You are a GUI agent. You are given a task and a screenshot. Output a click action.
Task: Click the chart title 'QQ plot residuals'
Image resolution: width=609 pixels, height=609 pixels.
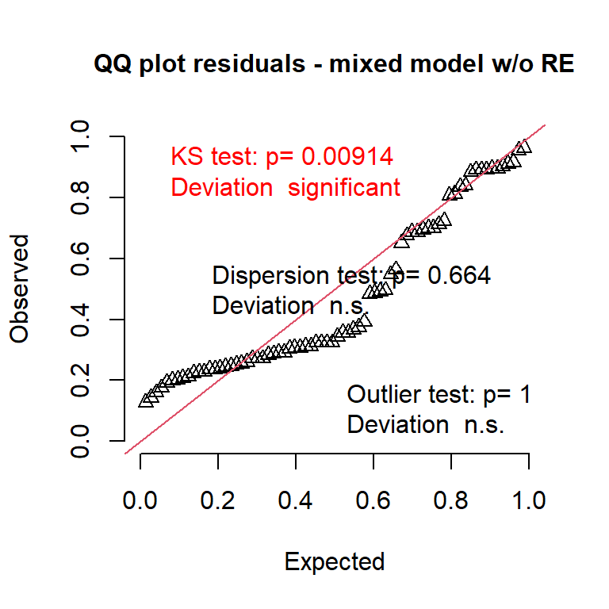pos(200,63)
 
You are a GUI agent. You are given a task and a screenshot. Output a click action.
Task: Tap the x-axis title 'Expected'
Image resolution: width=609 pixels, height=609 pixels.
pos(335,562)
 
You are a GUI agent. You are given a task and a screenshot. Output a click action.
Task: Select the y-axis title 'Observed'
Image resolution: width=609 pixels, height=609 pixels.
pos(19,289)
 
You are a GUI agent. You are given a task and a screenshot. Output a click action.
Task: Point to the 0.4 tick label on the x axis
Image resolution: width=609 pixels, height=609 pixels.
pos(295,500)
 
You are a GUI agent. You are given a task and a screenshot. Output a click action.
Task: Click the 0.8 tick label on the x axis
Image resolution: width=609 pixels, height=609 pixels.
pos(450,500)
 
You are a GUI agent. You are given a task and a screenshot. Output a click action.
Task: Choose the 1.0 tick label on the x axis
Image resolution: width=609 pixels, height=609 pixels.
pos(529,500)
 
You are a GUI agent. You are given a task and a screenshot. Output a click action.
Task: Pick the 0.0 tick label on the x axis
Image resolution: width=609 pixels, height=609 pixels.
pos(140,500)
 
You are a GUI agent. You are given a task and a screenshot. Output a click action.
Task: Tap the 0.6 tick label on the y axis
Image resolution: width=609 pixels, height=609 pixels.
pos(80,259)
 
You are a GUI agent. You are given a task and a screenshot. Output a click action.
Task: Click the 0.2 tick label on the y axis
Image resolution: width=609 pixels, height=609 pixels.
pos(80,380)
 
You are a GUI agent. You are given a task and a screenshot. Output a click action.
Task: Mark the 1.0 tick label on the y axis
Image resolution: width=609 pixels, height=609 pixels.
pos(80,136)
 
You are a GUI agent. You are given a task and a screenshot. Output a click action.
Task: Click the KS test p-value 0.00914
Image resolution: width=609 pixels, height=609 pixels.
pos(347,156)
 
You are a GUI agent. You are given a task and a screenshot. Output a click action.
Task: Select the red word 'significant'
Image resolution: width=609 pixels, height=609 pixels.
pos(344,188)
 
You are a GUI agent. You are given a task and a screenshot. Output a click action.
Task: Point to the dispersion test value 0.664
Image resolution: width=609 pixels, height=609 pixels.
pos(459,275)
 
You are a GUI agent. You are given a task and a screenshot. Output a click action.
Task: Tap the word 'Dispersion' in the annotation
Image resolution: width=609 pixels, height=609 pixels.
pos(270,276)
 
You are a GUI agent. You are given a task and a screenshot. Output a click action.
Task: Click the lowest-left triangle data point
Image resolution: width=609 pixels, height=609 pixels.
pos(146,400)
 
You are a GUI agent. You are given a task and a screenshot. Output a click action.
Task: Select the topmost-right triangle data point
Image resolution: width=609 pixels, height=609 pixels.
pos(524,147)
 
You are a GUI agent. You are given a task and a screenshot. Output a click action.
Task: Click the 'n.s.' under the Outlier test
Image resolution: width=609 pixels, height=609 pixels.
pos(484,425)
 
